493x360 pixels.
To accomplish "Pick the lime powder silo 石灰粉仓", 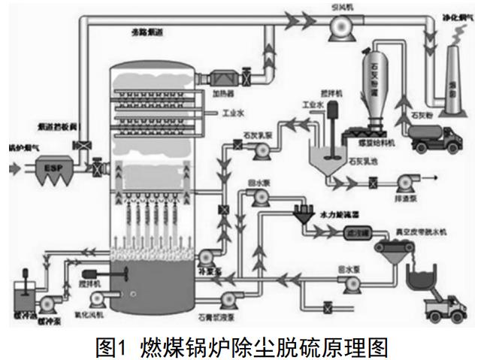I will click(377, 83).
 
